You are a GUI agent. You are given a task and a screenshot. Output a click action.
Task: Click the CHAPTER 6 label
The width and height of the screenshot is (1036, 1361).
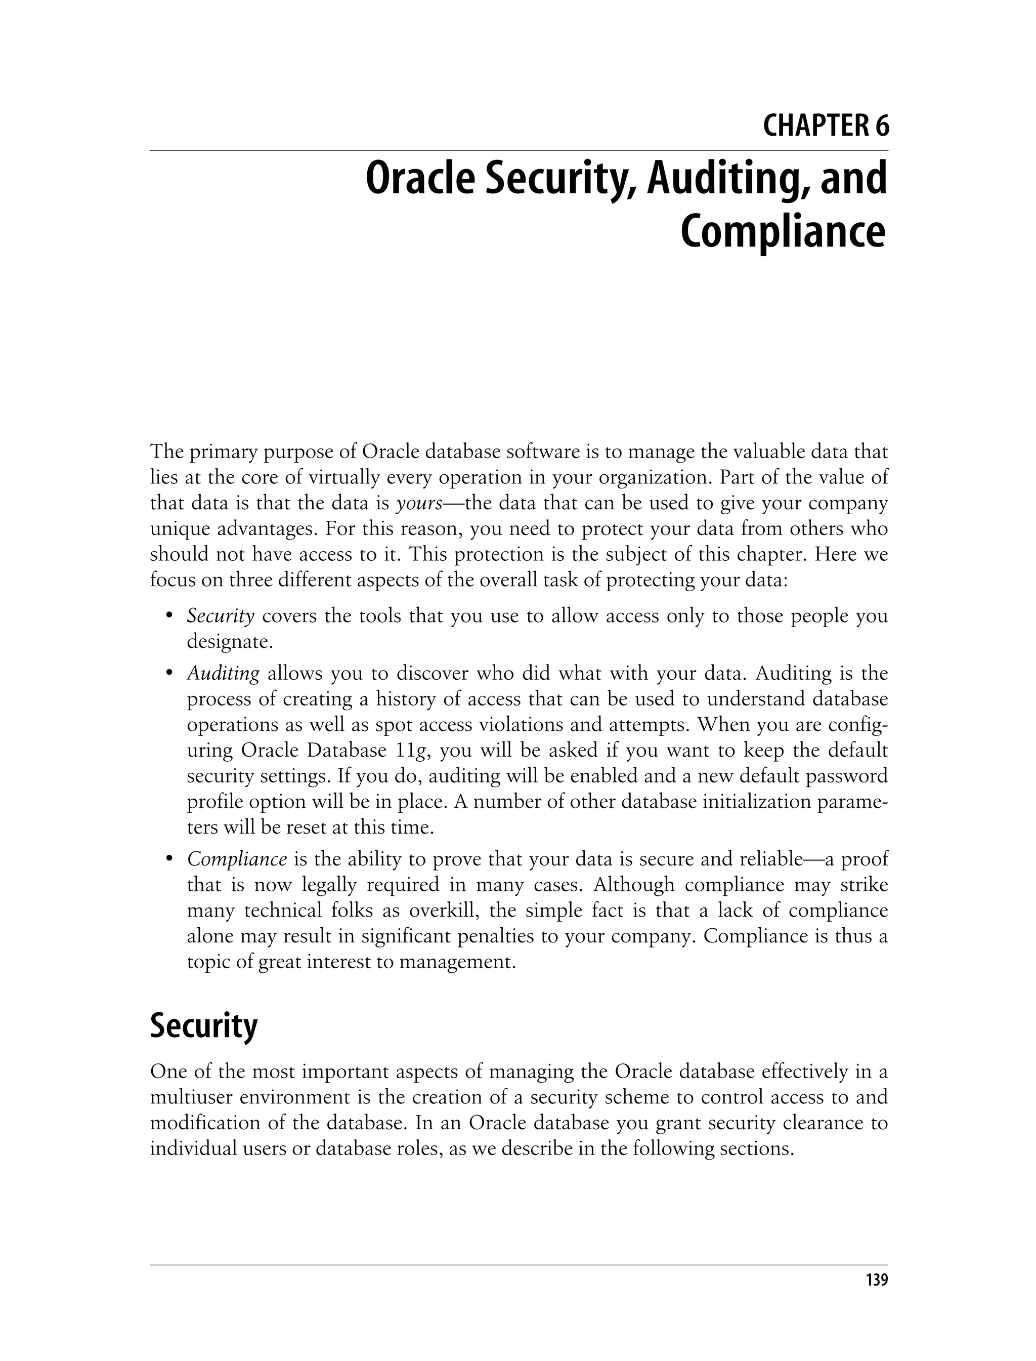coord(826,127)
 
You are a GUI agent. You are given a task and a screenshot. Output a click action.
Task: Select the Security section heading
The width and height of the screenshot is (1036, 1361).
coord(203,1025)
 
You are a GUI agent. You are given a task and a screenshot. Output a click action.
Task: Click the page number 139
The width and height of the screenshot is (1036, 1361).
coord(876,1280)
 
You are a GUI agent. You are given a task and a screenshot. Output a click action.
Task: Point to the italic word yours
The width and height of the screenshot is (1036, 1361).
coord(419,504)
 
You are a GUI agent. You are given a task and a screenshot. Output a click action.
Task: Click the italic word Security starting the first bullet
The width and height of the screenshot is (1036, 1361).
coord(220,616)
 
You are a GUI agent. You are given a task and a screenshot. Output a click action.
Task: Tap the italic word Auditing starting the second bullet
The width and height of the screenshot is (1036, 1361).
coord(223,673)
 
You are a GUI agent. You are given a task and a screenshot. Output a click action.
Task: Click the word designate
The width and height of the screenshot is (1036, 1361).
coord(229,642)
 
